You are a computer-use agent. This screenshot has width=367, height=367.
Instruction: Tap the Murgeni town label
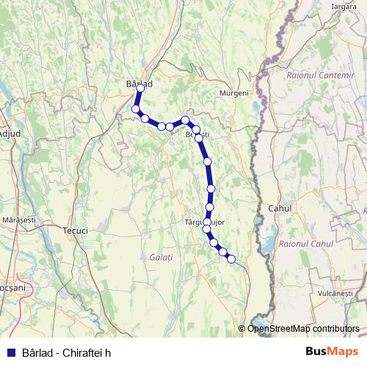(x=235, y=93)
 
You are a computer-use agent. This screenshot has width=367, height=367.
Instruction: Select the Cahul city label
(x=280, y=208)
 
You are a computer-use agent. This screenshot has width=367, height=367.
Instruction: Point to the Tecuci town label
(x=76, y=230)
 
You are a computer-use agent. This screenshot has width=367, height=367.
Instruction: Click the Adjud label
(x=10, y=133)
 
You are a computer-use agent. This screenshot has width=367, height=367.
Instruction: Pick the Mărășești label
(x=19, y=219)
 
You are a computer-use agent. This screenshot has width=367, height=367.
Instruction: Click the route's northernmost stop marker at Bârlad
(x=141, y=88)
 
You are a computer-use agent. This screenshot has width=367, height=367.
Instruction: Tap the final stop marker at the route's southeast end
(x=231, y=258)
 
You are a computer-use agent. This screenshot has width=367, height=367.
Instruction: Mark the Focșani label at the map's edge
(x=11, y=288)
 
